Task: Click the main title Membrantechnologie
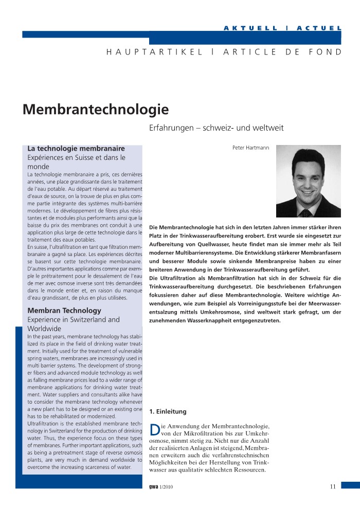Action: click(x=96, y=110)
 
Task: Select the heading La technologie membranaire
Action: click(x=76, y=149)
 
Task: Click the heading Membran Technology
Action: click(x=64, y=311)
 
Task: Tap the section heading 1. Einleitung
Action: click(x=168, y=411)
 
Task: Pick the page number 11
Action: click(x=333, y=487)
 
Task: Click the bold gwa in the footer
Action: click(x=153, y=487)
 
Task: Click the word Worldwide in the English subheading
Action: click(x=44, y=329)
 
